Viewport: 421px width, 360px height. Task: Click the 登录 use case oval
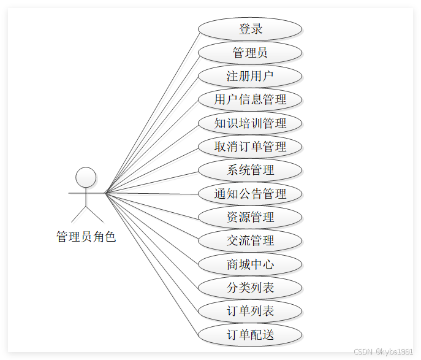[x=250, y=29]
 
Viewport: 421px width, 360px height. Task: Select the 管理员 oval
[x=250, y=53]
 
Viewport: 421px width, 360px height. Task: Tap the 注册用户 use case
[x=250, y=76]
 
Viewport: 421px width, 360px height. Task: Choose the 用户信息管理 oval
[x=250, y=99]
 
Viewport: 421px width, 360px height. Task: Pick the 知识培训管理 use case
[x=250, y=123]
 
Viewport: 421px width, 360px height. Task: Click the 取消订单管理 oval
[x=250, y=147]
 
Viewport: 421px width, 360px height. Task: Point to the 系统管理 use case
[x=250, y=170]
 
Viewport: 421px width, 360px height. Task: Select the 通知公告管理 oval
[x=250, y=194]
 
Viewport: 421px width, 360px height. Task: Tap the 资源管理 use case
[x=250, y=217]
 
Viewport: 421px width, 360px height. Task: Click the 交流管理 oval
[x=250, y=240]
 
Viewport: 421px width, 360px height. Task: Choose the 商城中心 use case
[x=250, y=264]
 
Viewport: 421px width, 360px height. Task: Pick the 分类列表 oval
[x=250, y=288]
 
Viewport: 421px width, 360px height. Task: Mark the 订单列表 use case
[x=250, y=311]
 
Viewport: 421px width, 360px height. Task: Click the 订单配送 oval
[x=250, y=335]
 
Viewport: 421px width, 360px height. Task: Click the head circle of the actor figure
[x=86, y=177]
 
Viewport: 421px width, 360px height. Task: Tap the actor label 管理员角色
[x=86, y=237]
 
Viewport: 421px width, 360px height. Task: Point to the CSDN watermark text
[x=384, y=351]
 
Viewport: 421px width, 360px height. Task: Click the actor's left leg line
[x=78, y=214]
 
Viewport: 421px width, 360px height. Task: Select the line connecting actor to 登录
[x=153, y=111]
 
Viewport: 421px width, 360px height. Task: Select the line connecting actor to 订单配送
[x=153, y=264]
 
